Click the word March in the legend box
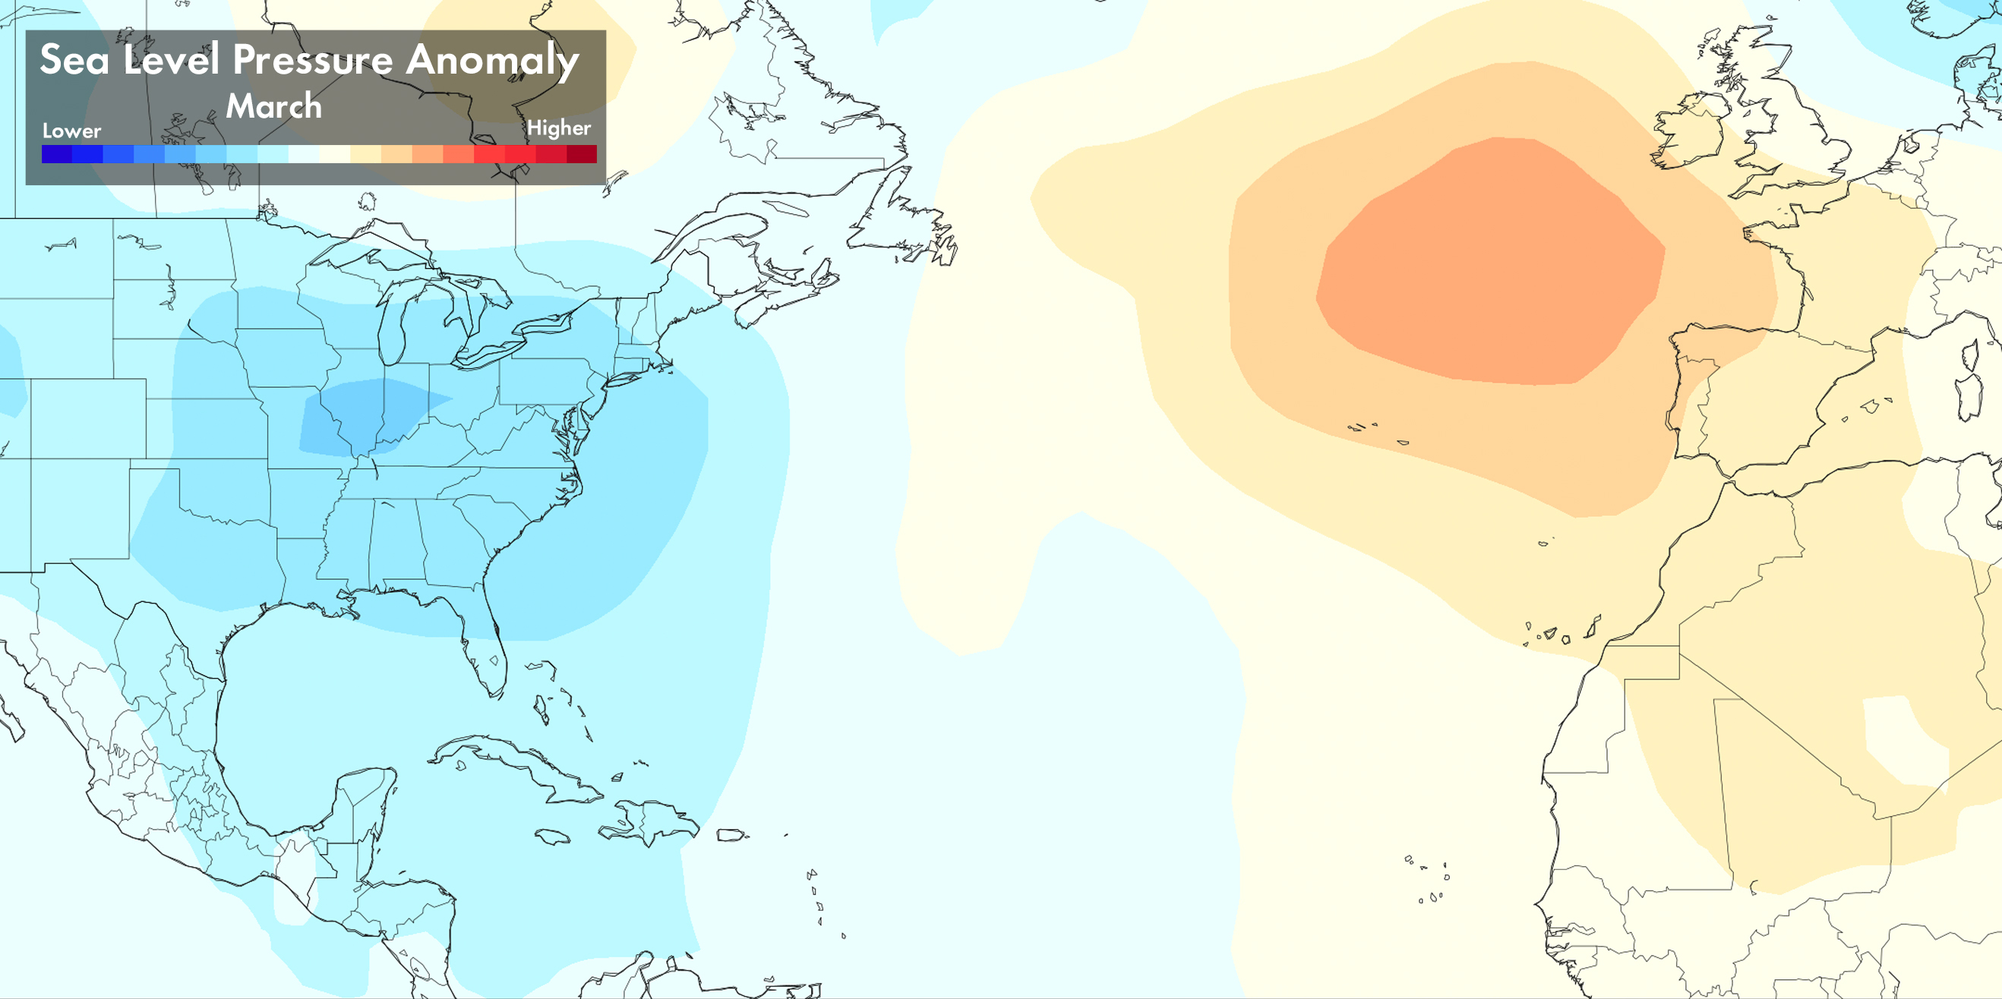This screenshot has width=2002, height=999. pyautogui.click(x=273, y=106)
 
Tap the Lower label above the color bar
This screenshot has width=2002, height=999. pyautogui.click(x=71, y=131)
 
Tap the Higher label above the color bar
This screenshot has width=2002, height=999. pyautogui.click(x=559, y=128)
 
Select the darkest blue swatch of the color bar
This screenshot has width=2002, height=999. pyautogui.click(x=57, y=154)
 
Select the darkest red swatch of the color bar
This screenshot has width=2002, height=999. pyautogui.click(x=581, y=154)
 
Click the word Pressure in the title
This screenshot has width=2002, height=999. pyautogui.click(x=312, y=61)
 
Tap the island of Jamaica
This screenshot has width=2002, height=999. pyautogui.click(x=553, y=837)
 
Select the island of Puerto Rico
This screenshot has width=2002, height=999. pyautogui.click(x=730, y=835)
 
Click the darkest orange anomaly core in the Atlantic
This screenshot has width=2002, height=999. pyautogui.click(x=1492, y=264)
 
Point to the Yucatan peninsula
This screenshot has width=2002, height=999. pyautogui.click(x=362, y=800)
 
